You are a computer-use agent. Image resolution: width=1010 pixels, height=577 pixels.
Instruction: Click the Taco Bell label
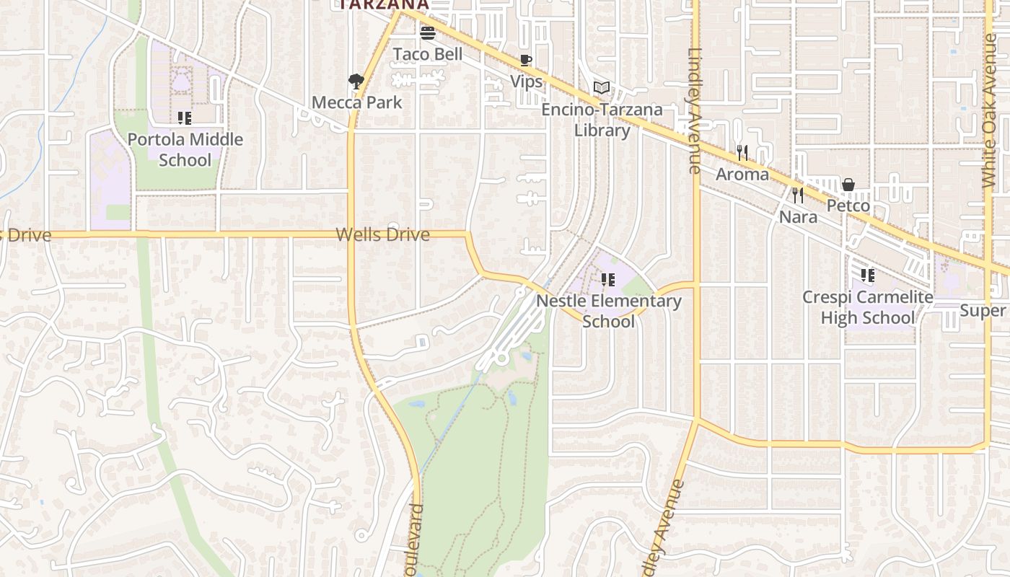(x=428, y=54)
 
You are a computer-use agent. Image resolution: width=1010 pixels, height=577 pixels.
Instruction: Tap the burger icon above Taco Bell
(x=428, y=32)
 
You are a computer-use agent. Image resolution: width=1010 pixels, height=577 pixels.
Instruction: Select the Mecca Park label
(x=356, y=102)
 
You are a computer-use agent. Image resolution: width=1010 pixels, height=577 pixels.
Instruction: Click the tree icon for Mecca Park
(x=355, y=80)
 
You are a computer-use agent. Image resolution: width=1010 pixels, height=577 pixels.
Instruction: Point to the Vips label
(x=527, y=82)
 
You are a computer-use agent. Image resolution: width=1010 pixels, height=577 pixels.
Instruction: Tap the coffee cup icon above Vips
(x=526, y=60)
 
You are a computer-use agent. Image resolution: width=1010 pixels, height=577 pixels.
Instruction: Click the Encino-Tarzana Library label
(x=602, y=120)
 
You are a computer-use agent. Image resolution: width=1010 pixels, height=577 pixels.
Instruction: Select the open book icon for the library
(x=602, y=88)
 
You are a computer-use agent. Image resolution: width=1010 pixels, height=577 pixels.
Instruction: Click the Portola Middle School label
(x=185, y=149)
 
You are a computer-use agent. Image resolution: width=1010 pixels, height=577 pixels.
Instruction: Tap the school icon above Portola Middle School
(x=185, y=118)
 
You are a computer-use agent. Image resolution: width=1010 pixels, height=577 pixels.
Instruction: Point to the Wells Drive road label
(x=382, y=234)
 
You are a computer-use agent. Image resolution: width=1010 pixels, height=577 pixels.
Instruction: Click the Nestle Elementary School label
(x=610, y=311)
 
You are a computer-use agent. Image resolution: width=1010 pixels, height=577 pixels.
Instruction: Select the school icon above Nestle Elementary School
(x=608, y=279)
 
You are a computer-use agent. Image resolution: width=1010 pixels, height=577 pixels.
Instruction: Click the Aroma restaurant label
(x=742, y=175)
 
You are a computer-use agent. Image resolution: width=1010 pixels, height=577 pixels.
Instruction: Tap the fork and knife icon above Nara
(x=798, y=195)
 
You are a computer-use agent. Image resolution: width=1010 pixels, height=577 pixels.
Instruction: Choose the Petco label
(x=848, y=206)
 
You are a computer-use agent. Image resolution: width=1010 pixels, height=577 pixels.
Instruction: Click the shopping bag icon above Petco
(x=848, y=185)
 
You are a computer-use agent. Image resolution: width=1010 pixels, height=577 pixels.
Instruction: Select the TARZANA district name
(x=384, y=4)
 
